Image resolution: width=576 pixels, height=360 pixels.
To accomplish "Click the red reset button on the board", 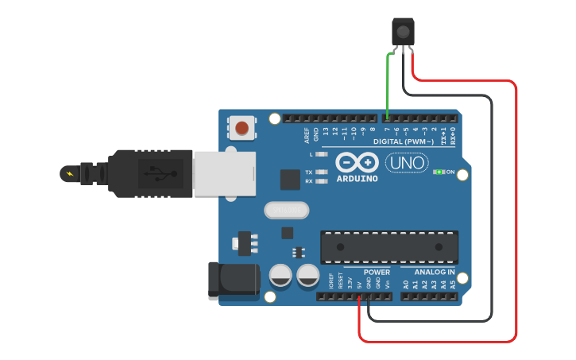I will [x=242, y=127].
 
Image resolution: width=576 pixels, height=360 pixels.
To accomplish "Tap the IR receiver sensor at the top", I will [x=404, y=33].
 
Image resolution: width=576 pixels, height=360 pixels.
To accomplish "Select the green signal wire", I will [x=387, y=83].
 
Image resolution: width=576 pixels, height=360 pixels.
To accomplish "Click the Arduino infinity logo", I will [x=357, y=162].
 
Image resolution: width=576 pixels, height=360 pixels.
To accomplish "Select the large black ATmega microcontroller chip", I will [x=389, y=247].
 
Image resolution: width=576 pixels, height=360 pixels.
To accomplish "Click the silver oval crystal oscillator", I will [x=285, y=211].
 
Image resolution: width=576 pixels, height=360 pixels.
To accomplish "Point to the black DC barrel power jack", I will [x=232, y=281].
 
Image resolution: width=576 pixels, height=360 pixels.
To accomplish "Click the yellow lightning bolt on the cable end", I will [x=71, y=173].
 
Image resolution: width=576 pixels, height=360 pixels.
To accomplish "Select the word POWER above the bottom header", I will [x=377, y=272].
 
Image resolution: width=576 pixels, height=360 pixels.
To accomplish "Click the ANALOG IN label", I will [x=434, y=272].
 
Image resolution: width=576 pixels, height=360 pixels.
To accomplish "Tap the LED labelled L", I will [x=321, y=154].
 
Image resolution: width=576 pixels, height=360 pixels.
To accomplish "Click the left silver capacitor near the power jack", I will [x=280, y=276].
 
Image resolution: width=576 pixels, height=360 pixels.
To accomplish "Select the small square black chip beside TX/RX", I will [x=290, y=180].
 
